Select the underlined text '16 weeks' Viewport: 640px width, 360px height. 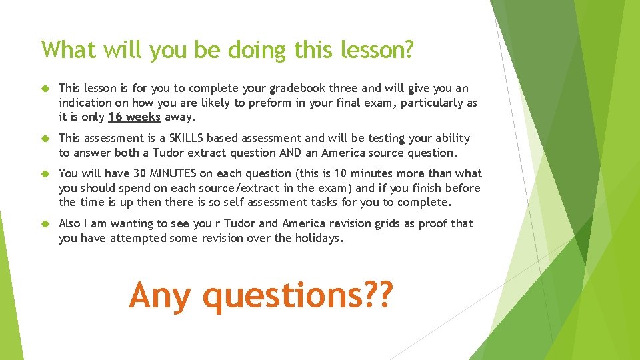(x=134, y=117)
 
